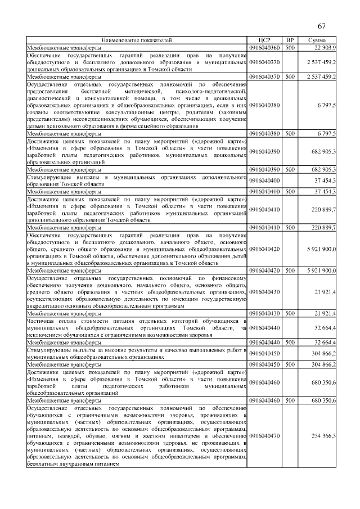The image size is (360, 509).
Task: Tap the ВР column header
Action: click(290, 40)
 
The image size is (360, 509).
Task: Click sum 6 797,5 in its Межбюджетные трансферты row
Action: click(326, 133)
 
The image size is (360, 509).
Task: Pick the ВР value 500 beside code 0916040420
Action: click(290, 271)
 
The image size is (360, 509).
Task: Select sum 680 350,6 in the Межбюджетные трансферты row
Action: click(325, 400)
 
